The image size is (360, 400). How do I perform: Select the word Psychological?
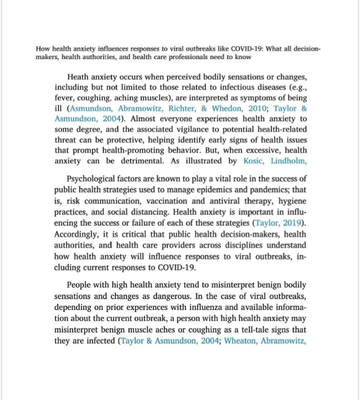pyautogui.click(x=92, y=178)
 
